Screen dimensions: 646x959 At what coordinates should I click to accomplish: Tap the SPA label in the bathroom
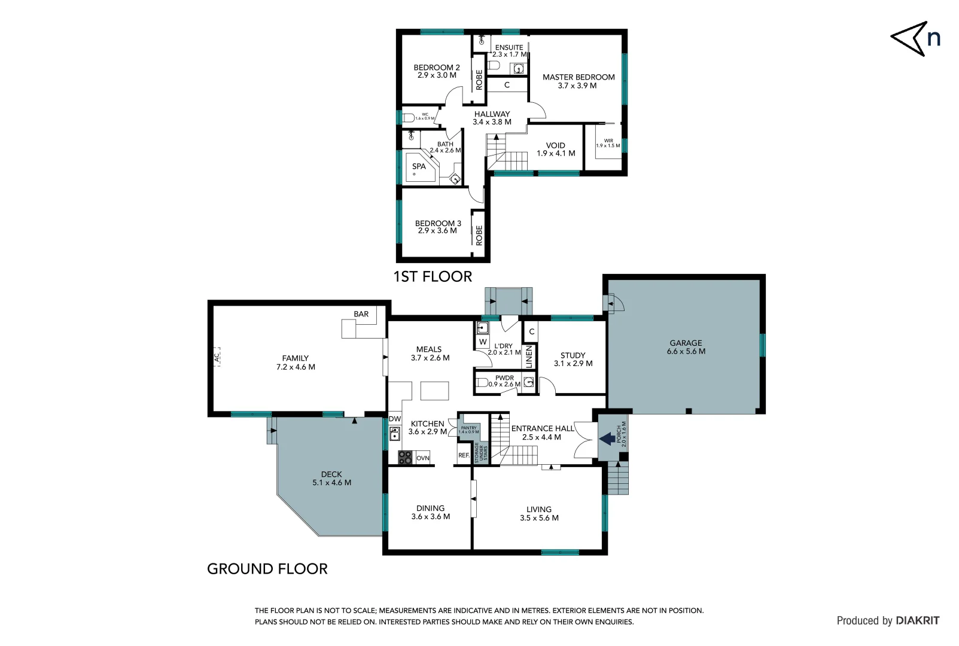pos(419,167)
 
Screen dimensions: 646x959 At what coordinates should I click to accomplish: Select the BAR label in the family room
pos(361,314)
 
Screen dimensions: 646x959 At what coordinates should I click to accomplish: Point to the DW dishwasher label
pos(395,419)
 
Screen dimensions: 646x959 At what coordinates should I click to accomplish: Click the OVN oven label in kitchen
pos(423,458)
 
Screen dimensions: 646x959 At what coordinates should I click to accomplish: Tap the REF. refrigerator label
pos(464,455)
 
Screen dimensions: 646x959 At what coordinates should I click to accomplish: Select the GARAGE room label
pos(686,343)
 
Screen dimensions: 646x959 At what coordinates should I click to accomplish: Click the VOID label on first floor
pos(555,145)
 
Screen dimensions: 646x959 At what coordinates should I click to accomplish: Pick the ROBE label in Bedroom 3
pos(479,235)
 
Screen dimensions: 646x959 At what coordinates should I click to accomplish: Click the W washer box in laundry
pos(483,342)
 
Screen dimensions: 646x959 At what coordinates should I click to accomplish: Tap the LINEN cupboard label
pos(529,357)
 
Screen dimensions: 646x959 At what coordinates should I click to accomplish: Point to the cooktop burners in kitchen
pos(405,458)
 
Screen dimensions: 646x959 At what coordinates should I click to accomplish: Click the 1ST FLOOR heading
pos(433,276)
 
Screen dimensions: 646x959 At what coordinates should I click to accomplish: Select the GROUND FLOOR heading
pos(267,569)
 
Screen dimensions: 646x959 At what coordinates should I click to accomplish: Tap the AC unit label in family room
pos(217,357)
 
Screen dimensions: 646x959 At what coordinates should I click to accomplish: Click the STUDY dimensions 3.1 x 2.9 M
pos(573,364)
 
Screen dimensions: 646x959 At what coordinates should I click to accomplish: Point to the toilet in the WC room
pos(409,117)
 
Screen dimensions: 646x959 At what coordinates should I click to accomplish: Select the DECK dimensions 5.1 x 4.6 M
pos(331,483)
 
